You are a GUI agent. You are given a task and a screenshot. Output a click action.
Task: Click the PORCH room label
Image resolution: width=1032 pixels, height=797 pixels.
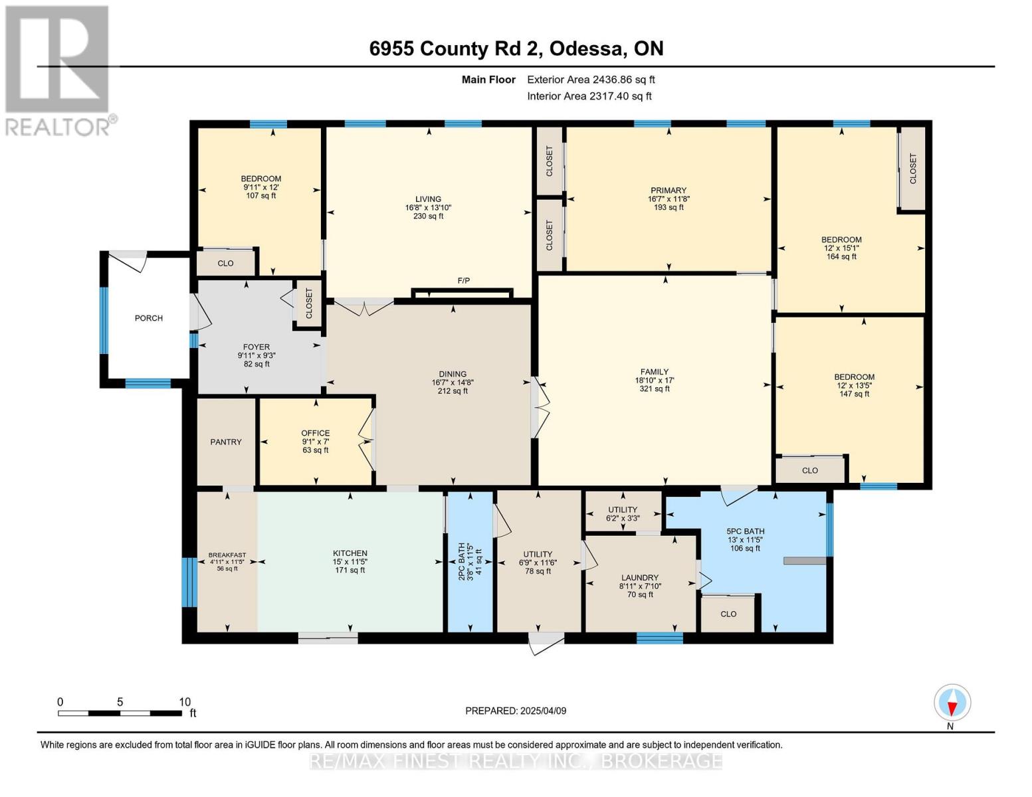tap(148, 318)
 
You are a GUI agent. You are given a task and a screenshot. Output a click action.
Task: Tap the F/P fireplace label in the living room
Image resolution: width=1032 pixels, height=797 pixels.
tap(464, 281)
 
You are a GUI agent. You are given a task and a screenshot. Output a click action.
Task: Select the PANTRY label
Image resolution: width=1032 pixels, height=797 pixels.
tap(226, 442)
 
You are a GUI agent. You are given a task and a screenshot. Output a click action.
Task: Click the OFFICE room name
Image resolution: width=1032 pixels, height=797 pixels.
tap(315, 433)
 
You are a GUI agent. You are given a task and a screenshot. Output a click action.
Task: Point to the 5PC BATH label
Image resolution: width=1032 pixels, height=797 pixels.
tap(745, 531)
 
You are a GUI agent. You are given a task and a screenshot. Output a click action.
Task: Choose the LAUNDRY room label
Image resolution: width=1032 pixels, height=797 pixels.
tap(639, 578)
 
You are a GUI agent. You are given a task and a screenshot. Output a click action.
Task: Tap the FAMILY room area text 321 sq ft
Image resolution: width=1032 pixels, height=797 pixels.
tap(655, 389)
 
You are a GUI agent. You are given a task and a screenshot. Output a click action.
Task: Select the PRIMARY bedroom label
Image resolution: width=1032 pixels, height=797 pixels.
tap(668, 191)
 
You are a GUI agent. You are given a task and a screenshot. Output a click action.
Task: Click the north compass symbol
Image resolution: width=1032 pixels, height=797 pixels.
tap(952, 703)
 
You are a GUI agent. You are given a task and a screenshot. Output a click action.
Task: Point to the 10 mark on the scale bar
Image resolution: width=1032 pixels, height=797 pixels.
tap(184, 702)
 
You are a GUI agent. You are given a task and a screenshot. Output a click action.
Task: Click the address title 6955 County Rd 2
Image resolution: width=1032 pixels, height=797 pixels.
tap(457, 48)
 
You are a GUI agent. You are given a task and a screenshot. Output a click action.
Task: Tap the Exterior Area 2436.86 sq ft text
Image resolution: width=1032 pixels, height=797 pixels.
tap(591, 80)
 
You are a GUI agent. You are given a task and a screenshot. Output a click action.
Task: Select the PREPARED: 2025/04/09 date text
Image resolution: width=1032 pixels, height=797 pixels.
tap(516, 711)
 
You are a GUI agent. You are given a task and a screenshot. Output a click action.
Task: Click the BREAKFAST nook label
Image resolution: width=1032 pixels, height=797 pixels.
tap(227, 555)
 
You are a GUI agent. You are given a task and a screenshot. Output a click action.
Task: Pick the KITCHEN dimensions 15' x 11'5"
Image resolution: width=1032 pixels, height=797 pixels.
tap(350, 562)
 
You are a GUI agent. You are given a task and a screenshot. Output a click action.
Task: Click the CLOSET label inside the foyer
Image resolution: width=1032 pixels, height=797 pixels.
tap(309, 304)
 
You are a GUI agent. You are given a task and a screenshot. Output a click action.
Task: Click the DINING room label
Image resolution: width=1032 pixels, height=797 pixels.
tap(453, 374)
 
